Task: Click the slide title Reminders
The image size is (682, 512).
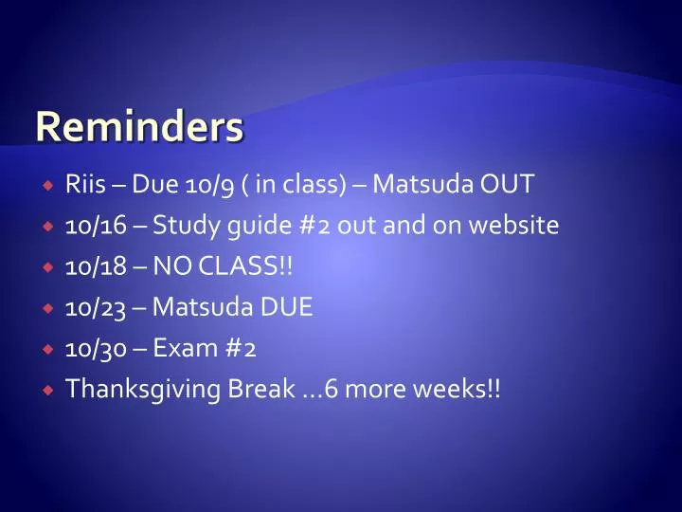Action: pyautogui.click(x=139, y=128)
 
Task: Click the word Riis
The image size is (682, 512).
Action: pyautogui.click(x=85, y=184)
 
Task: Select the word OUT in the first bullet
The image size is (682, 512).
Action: pyautogui.click(x=505, y=184)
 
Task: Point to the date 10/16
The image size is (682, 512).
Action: pyautogui.click(x=92, y=226)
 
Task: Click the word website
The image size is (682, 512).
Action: pyautogui.click(x=512, y=226)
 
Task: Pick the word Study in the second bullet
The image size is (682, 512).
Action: pyautogui.click(x=185, y=226)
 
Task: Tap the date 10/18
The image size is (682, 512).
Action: pyautogui.click(x=92, y=266)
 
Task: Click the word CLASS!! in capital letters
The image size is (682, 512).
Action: pyautogui.click(x=245, y=266)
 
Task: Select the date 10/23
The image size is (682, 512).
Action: pyautogui.click(x=93, y=307)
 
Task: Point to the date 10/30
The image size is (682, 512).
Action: pyautogui.click(x=93, y=348)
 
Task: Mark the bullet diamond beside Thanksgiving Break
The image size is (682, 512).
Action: pyautogui.click(x=46, y=390)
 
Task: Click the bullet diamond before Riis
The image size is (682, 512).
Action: pyautogui.click(x=46, y=185)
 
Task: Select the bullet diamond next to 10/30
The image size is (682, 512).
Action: pyautogui.click(x=46, y=349)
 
